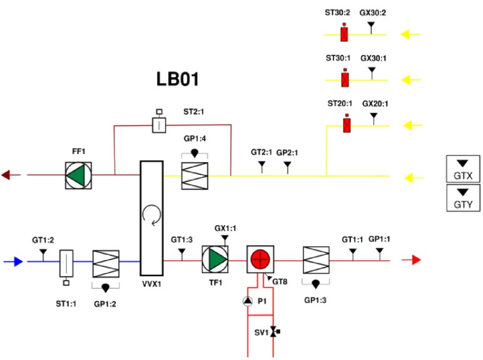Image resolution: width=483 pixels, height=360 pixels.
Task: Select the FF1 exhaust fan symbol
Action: tap(79, 175)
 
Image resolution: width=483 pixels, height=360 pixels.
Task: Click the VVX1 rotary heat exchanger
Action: tap(151, 218)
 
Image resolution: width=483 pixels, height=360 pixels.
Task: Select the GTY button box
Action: tap(462, 198)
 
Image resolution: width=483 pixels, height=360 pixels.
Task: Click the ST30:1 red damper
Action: tap(344, 80)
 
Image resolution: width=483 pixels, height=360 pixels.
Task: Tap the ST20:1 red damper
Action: tap(347, 125)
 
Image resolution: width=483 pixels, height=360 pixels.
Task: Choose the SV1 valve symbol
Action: tap(273, 332)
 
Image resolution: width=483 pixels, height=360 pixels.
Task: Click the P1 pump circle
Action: tap(247, 302)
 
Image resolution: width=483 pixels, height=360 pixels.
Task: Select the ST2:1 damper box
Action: tap(160, 125)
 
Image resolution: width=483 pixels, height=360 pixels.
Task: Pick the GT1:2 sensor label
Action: tap(43, 239)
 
